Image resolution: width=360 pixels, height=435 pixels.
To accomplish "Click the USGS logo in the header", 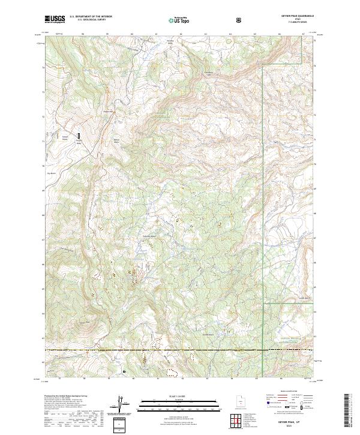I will click(55, 20).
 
